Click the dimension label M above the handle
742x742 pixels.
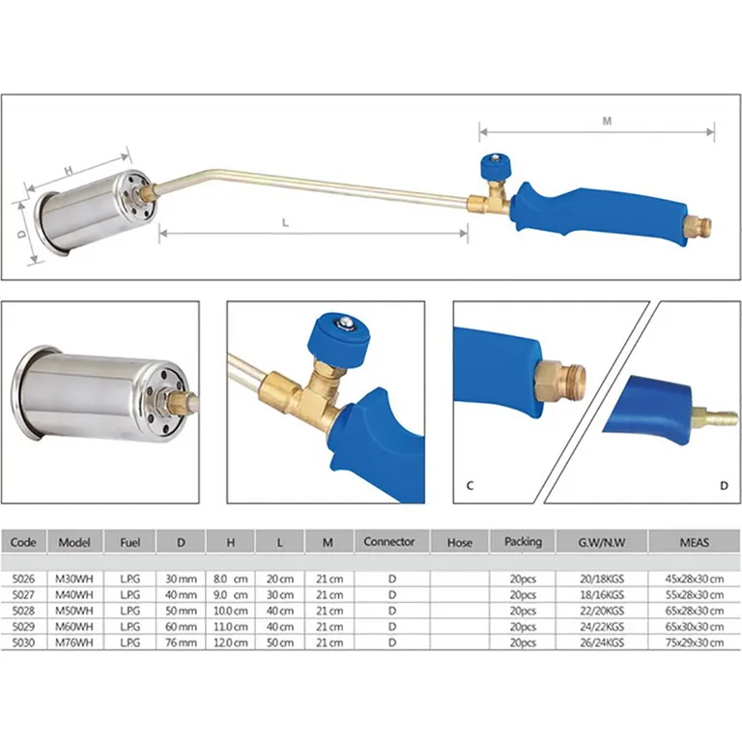[607, 122]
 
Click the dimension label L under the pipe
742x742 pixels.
[286, 221]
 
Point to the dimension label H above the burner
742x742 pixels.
[70, 169]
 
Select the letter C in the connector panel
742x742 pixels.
[470, 485]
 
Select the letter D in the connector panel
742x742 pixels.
[723, 485]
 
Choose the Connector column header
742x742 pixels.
[389, 542]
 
